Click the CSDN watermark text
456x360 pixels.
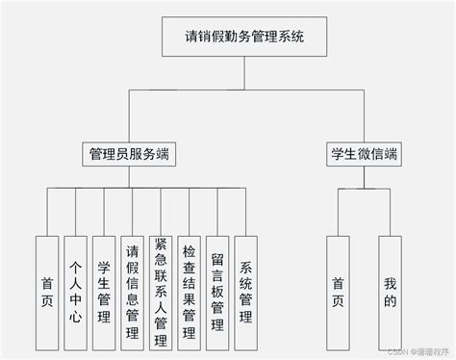[394, 352]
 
